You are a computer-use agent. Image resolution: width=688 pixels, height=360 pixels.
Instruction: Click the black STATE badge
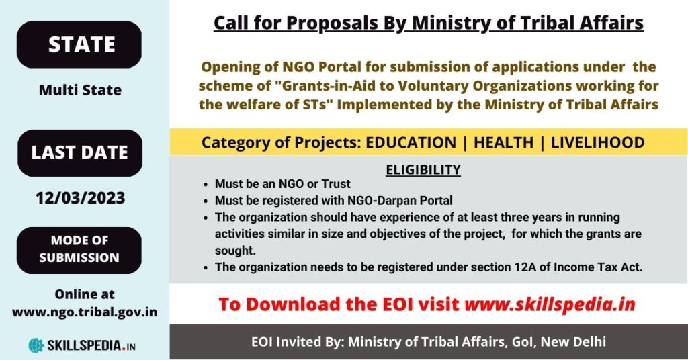click(79, 44)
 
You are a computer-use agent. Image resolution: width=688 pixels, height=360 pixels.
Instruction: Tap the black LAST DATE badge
click(80, 152)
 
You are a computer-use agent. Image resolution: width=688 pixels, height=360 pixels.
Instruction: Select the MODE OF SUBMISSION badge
click(79, 250)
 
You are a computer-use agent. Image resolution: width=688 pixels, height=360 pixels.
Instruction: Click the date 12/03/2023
click(81, 197)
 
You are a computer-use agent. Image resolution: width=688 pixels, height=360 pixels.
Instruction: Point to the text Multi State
click(81, 90)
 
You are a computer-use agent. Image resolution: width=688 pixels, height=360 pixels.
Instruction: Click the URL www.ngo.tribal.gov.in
click(84, 312)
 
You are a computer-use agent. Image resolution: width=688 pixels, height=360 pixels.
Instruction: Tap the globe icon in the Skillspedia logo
click(36, 345)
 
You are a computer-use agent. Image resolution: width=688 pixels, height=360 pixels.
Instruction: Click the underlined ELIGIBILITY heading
click(423, 169)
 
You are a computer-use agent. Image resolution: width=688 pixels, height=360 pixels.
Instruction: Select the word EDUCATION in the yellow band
click(411, 142)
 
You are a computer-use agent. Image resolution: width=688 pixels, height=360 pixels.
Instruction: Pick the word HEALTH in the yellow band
click(503, 142)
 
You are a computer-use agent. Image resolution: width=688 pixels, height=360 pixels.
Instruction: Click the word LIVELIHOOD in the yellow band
click(597, 142)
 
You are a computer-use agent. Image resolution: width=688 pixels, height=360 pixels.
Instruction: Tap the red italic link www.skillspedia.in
click(550, 304)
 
